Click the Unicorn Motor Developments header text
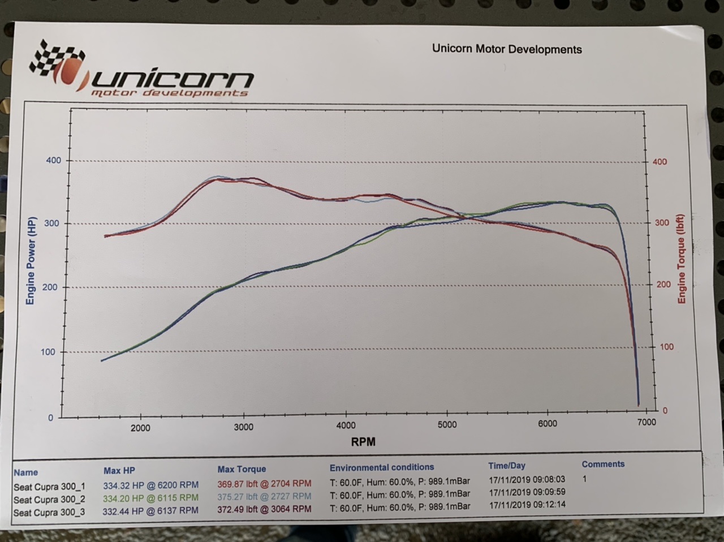coord(507,49)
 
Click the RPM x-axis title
coord(363,442)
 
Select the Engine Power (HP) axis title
coord(31,260)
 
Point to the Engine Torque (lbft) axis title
coord(682,259)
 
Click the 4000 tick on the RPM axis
coord(346,425)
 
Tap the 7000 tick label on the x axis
coord(646,422)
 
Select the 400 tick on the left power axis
coord(53,161)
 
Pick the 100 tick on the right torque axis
coord(667,347)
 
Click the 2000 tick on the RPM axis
coord(140,428)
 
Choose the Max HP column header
coord(119,471)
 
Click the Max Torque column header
coord(242,469)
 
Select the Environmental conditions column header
coord(382,467)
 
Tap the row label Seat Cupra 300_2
coord(50,500)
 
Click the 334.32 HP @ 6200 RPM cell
coord(151,485)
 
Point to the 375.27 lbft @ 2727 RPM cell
coord(264,496)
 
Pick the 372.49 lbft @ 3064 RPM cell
coord(264,509)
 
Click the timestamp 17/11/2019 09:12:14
coord(527,504)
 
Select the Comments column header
coord(603,464)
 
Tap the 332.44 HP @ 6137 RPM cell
coord(151,510)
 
